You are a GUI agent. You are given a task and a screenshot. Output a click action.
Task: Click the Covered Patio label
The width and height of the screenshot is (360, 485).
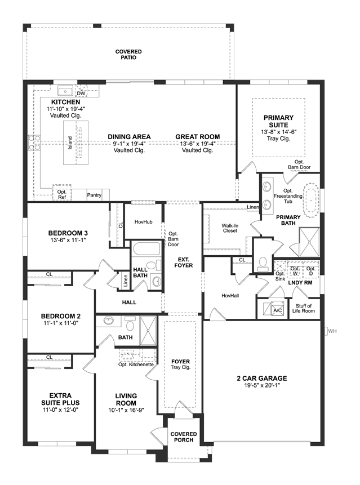pos(128,55)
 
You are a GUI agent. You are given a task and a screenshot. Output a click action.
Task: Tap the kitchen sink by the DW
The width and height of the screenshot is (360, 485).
pos(65,92)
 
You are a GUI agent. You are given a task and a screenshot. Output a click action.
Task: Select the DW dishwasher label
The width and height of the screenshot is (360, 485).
pos(81,93)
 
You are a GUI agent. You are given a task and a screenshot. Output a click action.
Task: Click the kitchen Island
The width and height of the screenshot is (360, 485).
pos(75,143)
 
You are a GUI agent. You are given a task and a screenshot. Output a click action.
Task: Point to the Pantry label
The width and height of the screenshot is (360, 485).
pos(94,195)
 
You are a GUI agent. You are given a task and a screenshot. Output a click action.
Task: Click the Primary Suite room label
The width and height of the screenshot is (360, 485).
pos(278,121)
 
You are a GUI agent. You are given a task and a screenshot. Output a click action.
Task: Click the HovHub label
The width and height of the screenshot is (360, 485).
pos(144,222)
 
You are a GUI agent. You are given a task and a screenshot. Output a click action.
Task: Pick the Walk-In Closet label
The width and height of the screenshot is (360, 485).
pos(230,228)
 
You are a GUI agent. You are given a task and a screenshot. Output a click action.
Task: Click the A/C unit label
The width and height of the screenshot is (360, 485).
pos(277,310)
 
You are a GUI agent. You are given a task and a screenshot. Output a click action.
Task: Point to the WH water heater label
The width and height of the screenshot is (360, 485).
pos(332,331)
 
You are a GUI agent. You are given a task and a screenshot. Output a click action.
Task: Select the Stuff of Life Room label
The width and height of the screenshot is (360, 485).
pos(304,308)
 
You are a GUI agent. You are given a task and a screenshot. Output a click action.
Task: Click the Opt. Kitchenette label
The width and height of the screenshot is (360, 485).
pos(136,364)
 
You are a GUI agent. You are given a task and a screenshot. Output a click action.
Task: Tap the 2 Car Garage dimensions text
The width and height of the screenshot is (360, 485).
pos(262,385)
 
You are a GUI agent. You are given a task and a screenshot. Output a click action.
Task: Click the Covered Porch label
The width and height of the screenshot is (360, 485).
pos(184,437)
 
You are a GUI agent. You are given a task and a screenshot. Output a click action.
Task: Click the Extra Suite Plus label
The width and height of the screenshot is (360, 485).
pos(60,399)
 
